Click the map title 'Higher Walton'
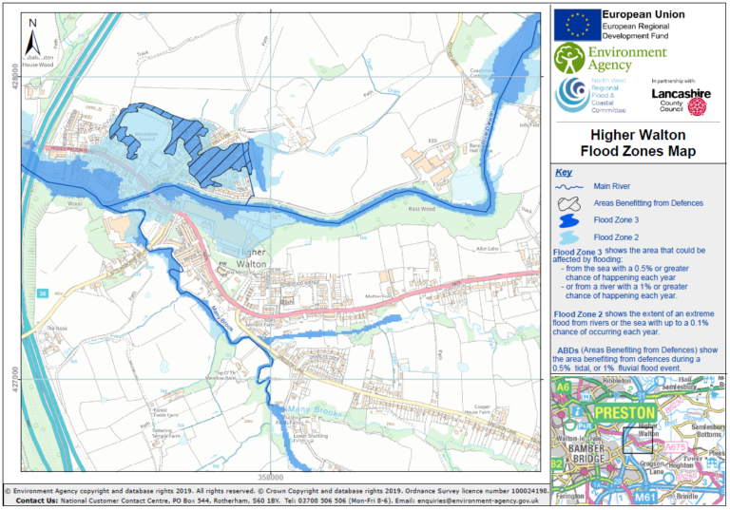tap(638, 135)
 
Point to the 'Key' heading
tap(564, 173)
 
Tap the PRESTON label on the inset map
tap(624, 413)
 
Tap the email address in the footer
tap(488, 500)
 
